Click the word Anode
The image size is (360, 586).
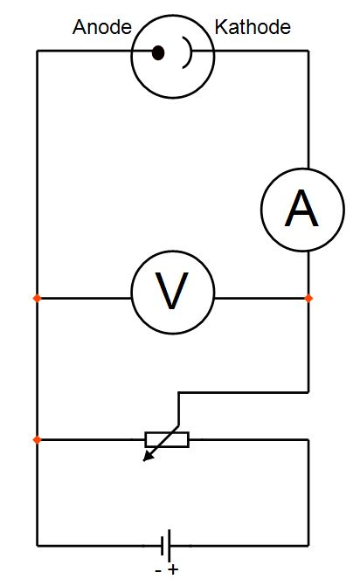tap(102, 27)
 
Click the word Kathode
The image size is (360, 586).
tap(253, 27)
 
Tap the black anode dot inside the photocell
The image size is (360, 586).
tap(158, 52)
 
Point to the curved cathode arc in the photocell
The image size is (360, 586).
tap(189, 52)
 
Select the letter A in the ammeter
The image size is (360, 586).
tap(301, 208)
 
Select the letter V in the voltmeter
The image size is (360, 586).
tap(172, 291)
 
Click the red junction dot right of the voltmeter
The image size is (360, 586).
tap(308, 298)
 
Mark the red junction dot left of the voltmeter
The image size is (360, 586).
tap(37, 298)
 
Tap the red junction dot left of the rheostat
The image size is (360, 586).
tap(37, 440)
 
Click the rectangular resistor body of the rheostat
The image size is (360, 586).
tap(167, 440)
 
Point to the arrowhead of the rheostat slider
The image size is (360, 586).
tap(149, 457)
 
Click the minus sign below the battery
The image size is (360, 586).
tap(158, 571)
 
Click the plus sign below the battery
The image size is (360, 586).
tap(173, 570)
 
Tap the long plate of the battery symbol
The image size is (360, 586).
tap(170, 546)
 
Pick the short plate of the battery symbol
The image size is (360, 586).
tap(163, 546)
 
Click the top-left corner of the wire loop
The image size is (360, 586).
tap(37, 51)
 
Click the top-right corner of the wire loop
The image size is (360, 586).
tap(308, 51)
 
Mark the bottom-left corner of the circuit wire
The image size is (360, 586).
tap(37, 546)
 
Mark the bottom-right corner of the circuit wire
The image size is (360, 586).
tap(308, 546)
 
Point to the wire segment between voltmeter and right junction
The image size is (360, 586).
tap(260, 298)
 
